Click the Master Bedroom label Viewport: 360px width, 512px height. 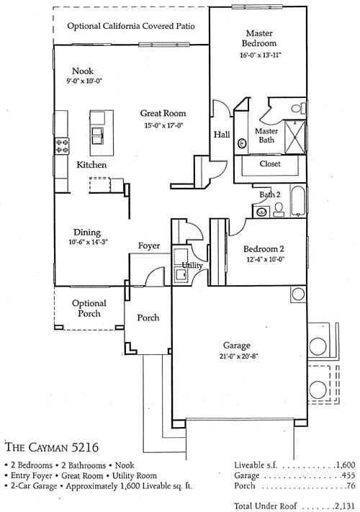[x=259, y=38]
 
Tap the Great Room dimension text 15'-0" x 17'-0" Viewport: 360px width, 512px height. [x=163, y=125]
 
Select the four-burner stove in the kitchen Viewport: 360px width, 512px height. [x=62, y=145]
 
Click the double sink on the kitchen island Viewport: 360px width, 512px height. [x=98, y=135]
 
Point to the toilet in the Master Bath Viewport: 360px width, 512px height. [x=298, y=108]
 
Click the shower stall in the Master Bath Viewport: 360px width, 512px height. [x=295, y=137]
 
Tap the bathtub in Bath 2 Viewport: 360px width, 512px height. [x=297, y=201]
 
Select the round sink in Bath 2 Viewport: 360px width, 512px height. [x=261, y=212]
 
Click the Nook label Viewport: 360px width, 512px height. [x=83, y=71]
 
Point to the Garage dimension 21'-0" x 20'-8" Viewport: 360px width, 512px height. [x=238, y=356]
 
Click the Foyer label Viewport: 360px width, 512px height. [x=149, y=246]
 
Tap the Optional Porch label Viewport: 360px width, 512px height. [x=89, y=308]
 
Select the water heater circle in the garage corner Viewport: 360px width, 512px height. [x=298, y=294]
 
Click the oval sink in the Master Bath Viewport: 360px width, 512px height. [x=242, y=143]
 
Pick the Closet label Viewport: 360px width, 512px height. [x=270, y=163]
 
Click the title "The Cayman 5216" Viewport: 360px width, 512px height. [x=52, y=447]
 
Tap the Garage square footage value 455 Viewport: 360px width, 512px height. [x=348, y=475]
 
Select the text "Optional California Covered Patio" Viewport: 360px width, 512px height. [x=131, y=26]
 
